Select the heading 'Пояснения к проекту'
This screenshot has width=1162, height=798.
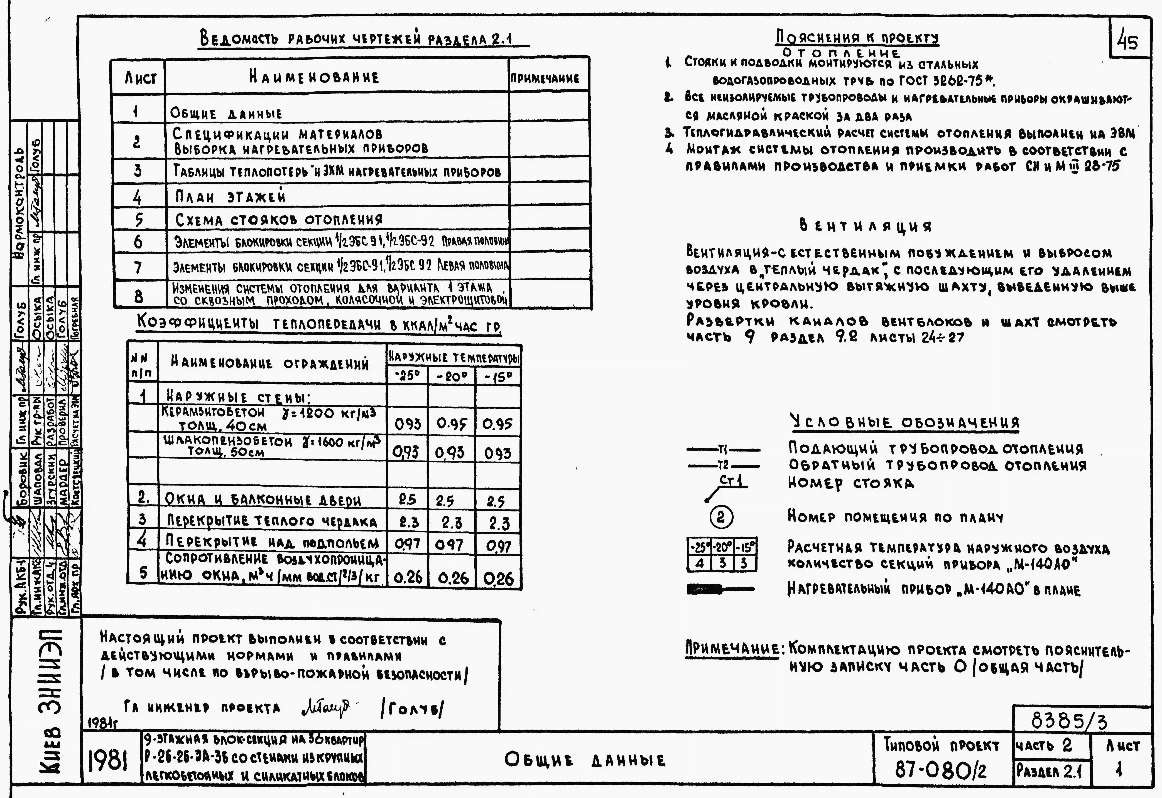coord(857,37)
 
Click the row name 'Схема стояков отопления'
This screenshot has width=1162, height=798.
coord(279,220)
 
